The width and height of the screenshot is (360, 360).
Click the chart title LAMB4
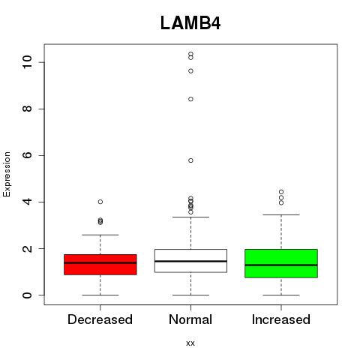coord(190,23)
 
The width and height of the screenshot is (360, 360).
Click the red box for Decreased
coord(100,265)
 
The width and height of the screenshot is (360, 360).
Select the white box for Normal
coord(190,261)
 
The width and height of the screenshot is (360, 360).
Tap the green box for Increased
coord(281,263)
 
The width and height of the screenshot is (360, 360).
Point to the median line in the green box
coord(281,265)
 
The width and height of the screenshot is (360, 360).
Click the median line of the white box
coord(190,261)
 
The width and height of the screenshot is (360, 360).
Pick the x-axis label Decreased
coord(100,319)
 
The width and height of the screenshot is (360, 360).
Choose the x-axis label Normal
coord(190,319)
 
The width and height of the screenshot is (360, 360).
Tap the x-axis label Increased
coord(281,319)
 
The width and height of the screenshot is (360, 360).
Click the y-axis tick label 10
coord(27,62)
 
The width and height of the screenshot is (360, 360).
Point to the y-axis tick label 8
coord(27,109)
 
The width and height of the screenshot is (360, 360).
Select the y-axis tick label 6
coord(27,155)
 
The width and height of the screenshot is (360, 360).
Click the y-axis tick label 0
coord(27,295)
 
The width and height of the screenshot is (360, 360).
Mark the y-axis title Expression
coord(7,175)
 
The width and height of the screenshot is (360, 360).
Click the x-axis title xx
coord(190,343)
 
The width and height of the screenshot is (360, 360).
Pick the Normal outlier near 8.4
coord(190,99)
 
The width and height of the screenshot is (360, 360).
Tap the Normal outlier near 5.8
coord(190,160)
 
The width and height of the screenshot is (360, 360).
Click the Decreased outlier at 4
coord(100,202)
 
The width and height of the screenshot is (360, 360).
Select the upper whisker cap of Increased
coord(281,214)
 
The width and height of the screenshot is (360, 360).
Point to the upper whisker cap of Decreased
coord(100,235)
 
